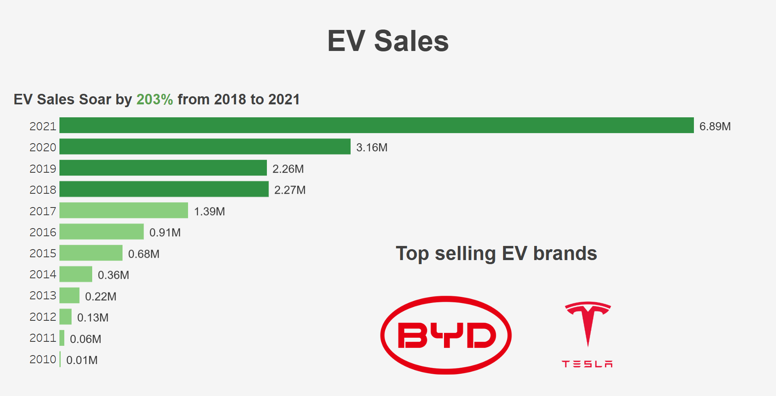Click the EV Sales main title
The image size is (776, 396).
click(388, 41)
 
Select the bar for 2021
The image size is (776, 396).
click(376, 125)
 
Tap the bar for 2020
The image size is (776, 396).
click(205, 146)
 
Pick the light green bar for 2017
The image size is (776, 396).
click(123, 210)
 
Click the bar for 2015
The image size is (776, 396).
click(91, 253)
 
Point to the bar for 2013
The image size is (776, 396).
click(69, 295)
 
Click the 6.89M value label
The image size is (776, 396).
click(715, 126)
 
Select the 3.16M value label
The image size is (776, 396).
click(372, 148)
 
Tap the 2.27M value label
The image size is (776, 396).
click(290, 190)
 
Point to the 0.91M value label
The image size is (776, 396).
click(165, 233)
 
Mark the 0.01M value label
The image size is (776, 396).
click(82, 360)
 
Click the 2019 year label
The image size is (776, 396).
click(42, 169)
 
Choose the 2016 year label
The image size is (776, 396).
click(42, 232)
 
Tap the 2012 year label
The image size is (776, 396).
click(42, 317)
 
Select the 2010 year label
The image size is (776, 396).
click(42, 359)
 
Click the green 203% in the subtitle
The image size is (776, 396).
click(154, 100)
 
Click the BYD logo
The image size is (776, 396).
click(446, 335)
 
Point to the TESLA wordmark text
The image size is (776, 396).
click(587, 364)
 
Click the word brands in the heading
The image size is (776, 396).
click(565, 254)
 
